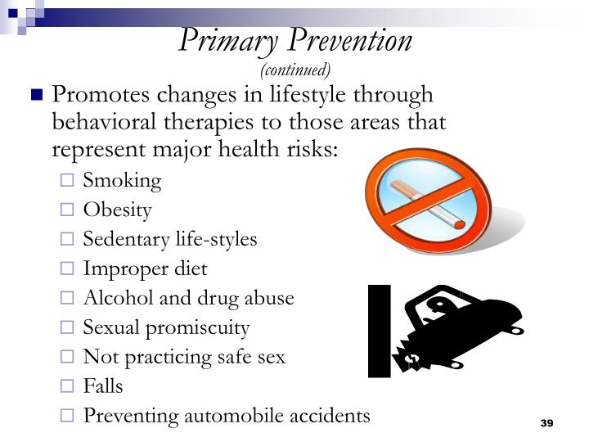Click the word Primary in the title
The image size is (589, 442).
[x=219, y=40]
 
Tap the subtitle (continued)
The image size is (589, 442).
[x=295, y=69]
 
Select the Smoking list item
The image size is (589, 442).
[x=122, y=181]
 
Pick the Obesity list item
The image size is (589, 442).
[x=117, y=210]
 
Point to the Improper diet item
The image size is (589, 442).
[x=145, y=268]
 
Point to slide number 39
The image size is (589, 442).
[x=547, y=423]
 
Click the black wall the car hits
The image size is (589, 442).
[x=379, y=331]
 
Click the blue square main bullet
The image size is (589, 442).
[x=35, y=96]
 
